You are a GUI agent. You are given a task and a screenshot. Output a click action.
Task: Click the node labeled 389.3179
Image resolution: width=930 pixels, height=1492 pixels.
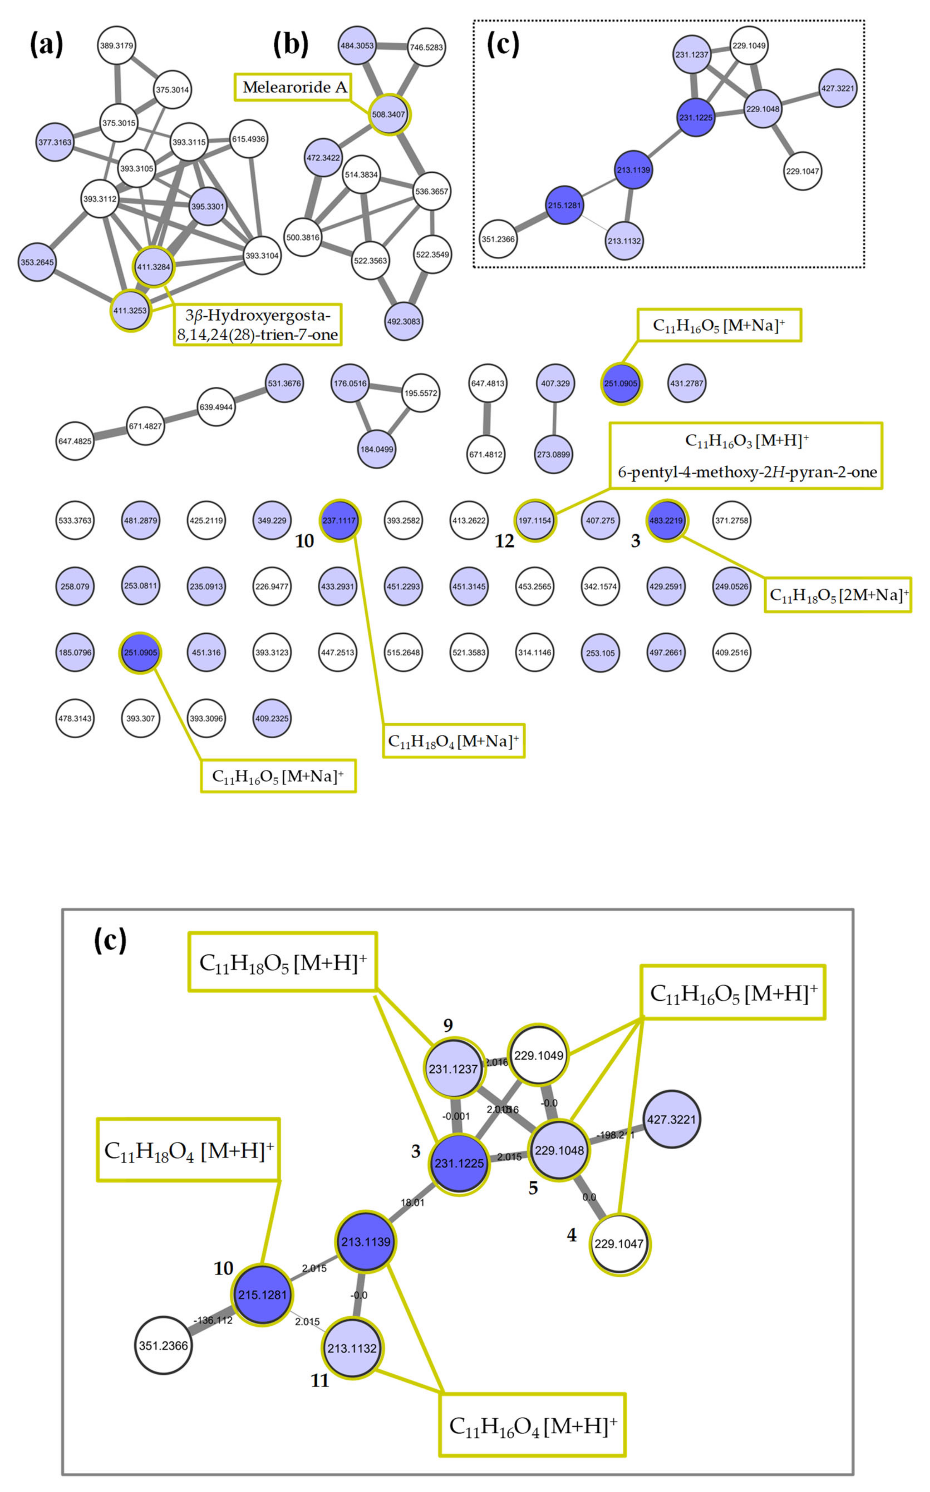point(116,46)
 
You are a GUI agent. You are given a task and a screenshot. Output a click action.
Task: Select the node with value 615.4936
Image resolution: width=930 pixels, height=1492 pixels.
point(248,139)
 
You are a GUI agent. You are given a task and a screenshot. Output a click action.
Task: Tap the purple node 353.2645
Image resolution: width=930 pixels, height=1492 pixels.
point(38,262)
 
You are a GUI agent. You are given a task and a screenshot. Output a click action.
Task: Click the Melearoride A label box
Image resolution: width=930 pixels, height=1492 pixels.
point(295,87)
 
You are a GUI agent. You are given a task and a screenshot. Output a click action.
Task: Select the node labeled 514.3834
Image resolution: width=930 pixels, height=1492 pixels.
point(361,174)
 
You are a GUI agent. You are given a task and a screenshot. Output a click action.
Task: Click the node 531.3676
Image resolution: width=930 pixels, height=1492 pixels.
point(284,383)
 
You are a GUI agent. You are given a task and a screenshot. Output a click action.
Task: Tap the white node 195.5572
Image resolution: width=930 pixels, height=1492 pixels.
point(421,393)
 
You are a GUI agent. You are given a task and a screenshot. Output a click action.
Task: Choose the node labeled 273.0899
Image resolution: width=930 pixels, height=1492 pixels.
point(553,454)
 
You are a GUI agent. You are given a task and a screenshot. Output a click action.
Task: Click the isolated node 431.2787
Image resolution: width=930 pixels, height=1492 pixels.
point(687,383)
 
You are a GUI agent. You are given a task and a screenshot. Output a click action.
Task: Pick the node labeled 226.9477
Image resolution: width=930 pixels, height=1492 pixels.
point(272,586)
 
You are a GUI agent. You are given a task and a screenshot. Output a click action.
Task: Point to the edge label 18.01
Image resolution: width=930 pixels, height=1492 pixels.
point(412,1203)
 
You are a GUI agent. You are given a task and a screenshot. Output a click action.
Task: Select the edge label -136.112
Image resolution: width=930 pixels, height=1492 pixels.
point(213,1320)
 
